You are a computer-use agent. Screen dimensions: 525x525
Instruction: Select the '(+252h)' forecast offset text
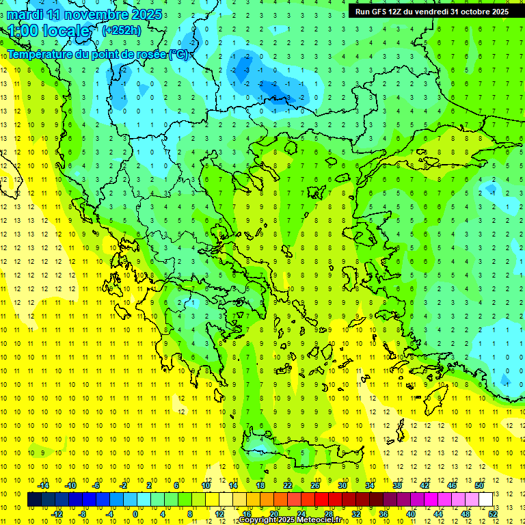121,30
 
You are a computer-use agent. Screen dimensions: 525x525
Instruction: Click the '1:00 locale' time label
49,31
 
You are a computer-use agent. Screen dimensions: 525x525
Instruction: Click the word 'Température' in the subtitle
40,54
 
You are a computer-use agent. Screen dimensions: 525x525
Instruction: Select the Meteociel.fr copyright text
290,520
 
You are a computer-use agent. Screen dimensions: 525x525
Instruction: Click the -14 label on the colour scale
43,485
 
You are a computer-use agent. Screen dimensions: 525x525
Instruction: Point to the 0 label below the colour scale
136,514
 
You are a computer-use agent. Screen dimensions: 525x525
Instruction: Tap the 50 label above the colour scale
479,485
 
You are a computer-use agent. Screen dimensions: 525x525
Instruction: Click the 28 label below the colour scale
328,514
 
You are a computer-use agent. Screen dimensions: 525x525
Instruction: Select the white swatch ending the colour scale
485,500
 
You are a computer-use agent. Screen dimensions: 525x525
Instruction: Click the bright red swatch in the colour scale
321,500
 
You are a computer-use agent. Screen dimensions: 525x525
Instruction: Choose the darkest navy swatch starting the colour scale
34,500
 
